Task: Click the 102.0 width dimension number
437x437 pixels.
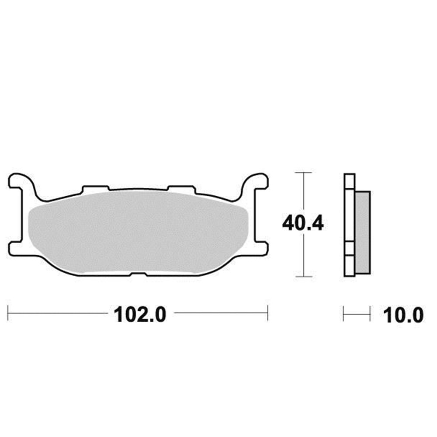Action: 140,314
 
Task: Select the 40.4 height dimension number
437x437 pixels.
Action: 303,224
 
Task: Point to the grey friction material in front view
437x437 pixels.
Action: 138,232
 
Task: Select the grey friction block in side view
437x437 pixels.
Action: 363,232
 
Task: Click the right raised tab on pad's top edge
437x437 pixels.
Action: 181,188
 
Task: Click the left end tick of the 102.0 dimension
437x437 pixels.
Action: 9,313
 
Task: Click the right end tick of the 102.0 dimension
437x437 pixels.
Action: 267,313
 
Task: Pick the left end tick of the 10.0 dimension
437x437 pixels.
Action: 344,313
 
